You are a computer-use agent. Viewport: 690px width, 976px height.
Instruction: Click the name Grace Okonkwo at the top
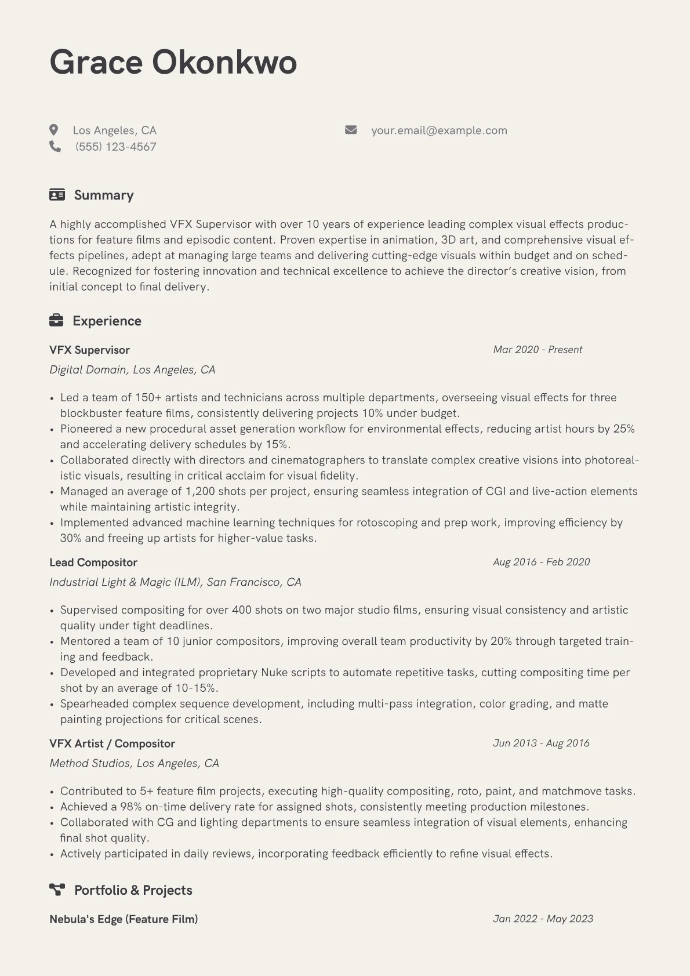coord(173,62)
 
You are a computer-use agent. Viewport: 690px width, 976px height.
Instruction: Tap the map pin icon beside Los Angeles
coord(54,130)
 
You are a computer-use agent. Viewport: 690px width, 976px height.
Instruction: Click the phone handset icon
coord(55,146)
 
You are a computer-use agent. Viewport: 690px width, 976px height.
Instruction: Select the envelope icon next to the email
coord(351,130)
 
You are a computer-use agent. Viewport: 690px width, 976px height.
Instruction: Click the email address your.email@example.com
coord(439,130)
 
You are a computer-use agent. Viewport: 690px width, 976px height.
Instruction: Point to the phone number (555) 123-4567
coord(115,147)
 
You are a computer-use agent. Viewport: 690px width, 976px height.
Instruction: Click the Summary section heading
coord(104,195)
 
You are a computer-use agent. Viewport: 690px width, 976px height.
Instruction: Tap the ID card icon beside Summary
coord(57,195)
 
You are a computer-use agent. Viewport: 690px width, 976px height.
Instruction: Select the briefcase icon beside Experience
coord(56,320)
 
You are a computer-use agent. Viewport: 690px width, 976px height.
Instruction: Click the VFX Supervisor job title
coord(89,350)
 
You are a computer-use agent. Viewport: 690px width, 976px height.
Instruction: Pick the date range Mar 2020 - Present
coord(538,350)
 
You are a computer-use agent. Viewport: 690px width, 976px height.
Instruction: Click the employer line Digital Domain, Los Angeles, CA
coord(132,369)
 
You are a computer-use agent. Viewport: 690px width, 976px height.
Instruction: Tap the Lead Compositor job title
coord(93,562)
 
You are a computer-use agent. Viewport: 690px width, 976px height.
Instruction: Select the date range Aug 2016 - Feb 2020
coord(541,562)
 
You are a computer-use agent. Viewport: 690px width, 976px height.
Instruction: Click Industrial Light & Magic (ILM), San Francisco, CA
coord(175,582)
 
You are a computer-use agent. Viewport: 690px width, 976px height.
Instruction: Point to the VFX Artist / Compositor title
coord(112,743)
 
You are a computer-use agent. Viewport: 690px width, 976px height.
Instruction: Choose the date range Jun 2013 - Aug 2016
coord(541,743)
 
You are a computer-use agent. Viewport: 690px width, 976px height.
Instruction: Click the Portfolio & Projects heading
coord(133,890)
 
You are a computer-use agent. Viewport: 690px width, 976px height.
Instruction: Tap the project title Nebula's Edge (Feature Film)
coord(124,919)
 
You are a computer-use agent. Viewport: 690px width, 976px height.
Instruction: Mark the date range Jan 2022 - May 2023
coord(543,919)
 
